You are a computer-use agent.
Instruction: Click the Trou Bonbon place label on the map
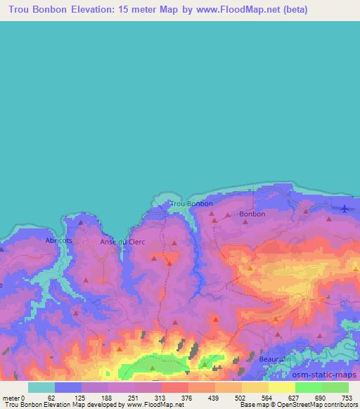(x=191, y=204)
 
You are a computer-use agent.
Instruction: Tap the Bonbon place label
(x=252, y=214)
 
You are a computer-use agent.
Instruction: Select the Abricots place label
(x=59, y=240)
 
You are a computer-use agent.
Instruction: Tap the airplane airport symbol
(x=344, y=209)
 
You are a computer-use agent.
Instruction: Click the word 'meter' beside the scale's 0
(x=10, y=397)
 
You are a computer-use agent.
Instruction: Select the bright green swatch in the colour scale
(x=308, y=387)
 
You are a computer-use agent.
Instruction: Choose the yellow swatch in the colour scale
(x=255, y=387)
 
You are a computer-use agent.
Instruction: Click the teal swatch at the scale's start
(x=41, y=387)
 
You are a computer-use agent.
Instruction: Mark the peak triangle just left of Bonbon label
(x=227, y=215)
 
